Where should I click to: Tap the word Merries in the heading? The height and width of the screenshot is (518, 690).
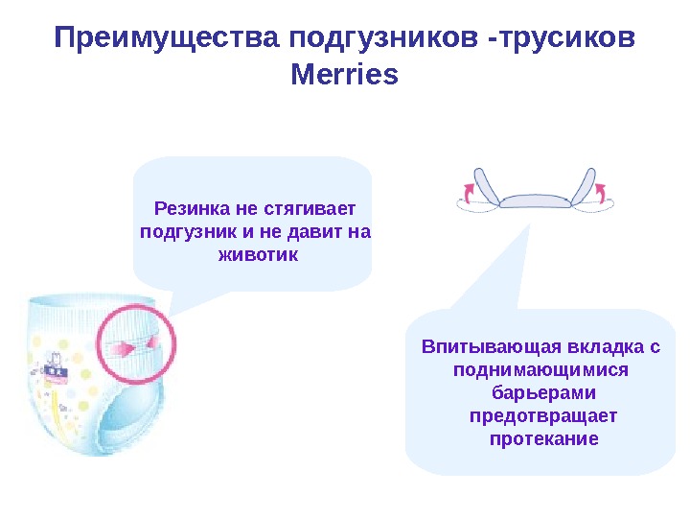coord(343,74)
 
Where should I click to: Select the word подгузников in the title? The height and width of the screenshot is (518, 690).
coord(385,40)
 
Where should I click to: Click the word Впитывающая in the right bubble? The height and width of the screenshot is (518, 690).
coord(481,346)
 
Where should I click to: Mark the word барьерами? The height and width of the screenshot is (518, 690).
coord(543,392)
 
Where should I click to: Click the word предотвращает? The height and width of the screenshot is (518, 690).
coord(543,415)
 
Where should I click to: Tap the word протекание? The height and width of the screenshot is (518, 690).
coord(543,438)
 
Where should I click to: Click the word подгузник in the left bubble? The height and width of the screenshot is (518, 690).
coord(189,232)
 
